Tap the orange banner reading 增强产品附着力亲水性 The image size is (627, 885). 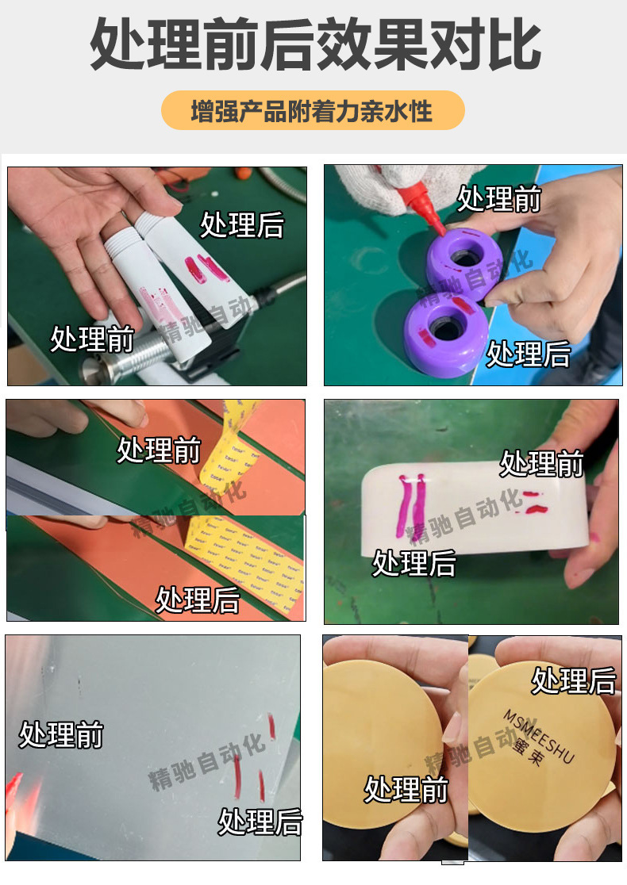click(313, 111)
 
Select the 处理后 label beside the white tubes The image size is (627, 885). click(241, 224)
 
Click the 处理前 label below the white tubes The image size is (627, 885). click(92, 339)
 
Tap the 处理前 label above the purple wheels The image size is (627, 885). click(498, 199)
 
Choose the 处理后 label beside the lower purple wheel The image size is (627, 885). click(528, 354)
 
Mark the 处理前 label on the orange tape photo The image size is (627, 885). click(159, 450)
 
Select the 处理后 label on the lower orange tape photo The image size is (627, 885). click(197, 600)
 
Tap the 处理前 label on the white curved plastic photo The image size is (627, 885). click(541, 463)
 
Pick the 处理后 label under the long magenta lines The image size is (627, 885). click(414, 564)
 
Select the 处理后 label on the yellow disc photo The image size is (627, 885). click(573, 680)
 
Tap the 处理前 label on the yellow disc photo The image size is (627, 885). click(406, 790)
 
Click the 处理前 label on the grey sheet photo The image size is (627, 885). click(61, 735)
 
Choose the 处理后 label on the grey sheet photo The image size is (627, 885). click(260, 822)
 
